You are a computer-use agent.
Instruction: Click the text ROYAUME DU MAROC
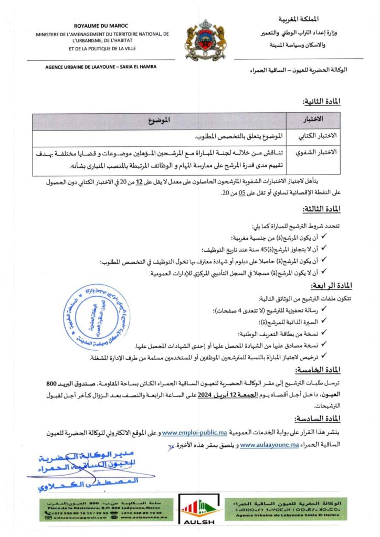click(103, 25)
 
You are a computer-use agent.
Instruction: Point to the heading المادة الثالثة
click(322, 209)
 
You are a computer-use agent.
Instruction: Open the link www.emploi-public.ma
click(194, 433)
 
